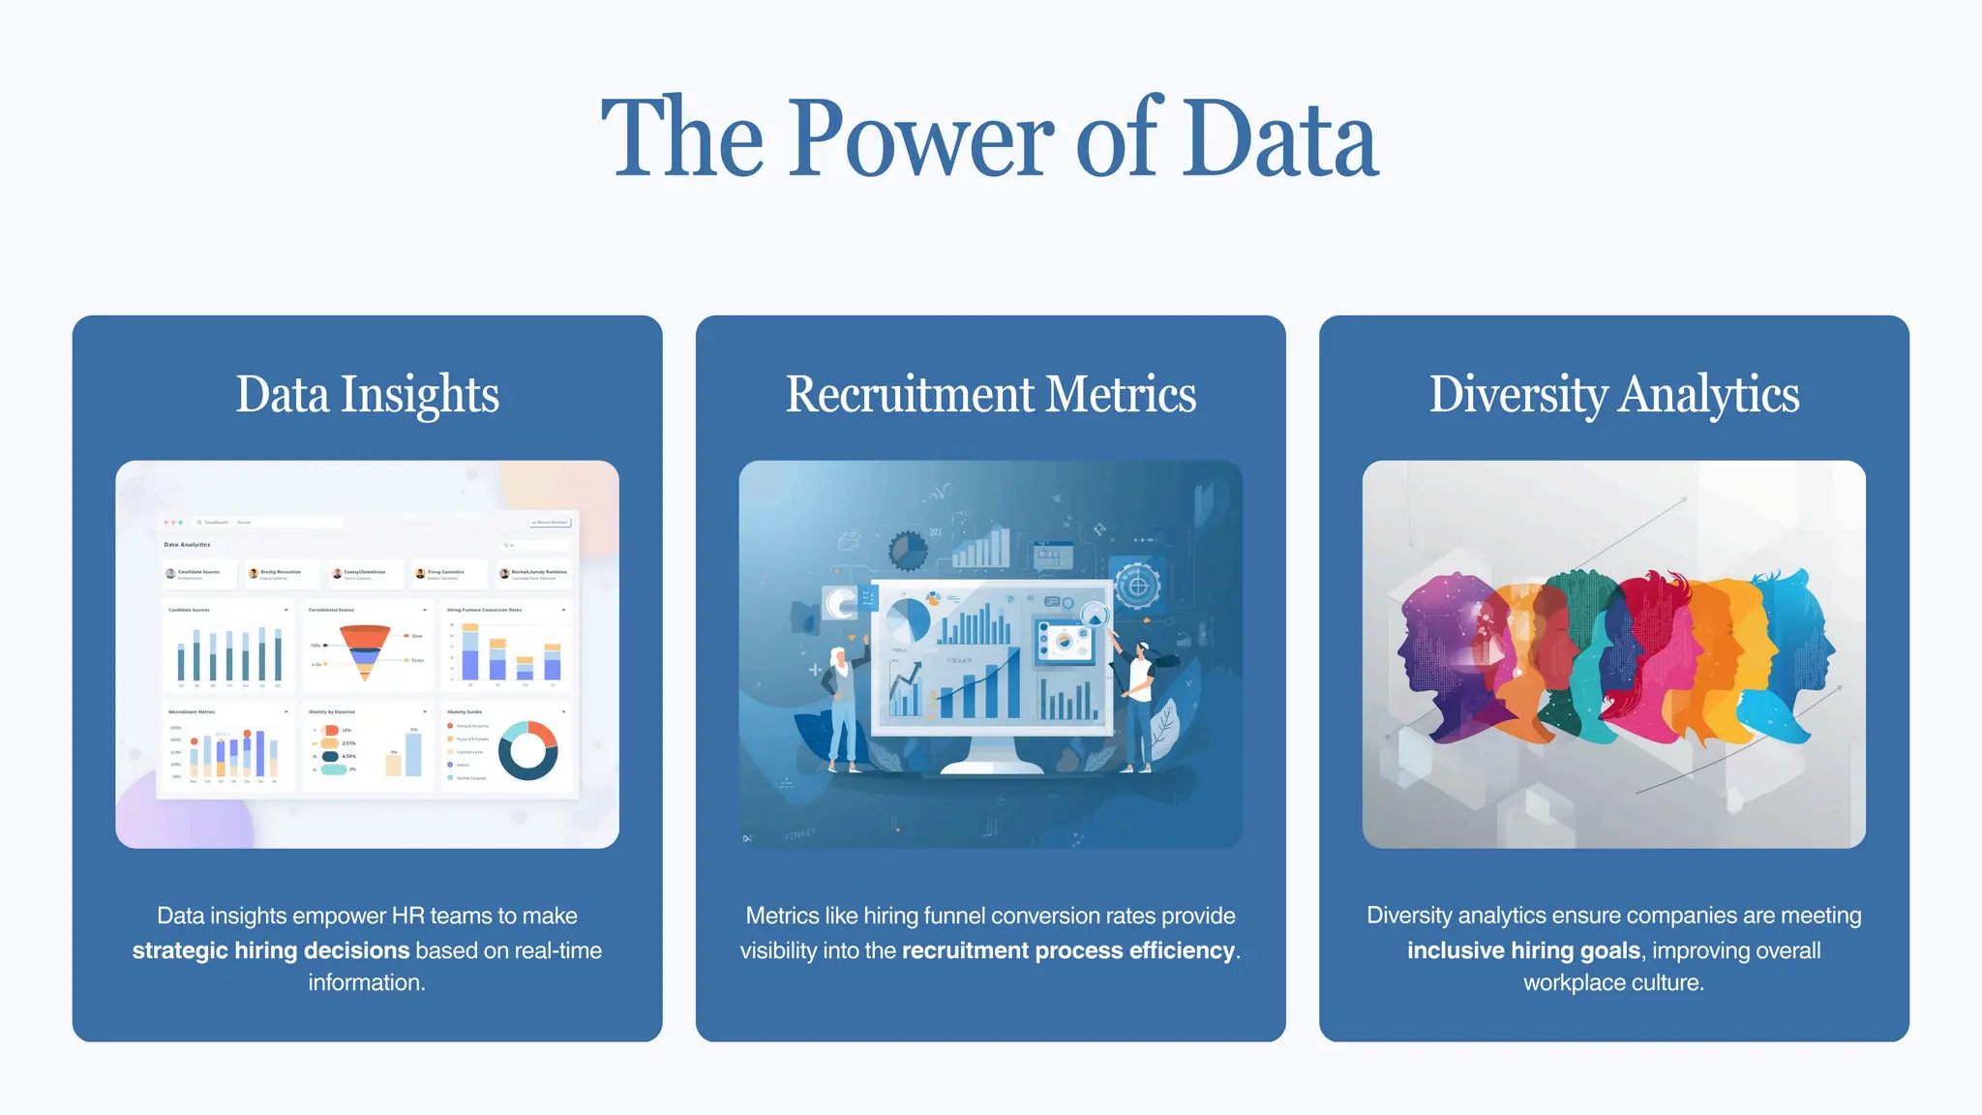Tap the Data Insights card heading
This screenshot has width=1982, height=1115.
click(367, 395)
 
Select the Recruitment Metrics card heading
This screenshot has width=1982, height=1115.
click(990, 395)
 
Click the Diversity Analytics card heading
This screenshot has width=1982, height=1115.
click(1613, 395)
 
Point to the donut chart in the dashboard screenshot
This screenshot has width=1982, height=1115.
click(527, 750)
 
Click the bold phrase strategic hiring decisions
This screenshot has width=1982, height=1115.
click(271, 950)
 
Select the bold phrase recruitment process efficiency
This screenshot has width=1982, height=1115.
click(1068, 950)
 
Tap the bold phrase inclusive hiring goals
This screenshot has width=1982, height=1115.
click(1523, 950)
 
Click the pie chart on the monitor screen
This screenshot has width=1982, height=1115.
click(908, 619)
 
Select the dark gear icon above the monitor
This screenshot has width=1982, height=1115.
click(908, 551)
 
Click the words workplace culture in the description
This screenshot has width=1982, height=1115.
click(1613, 983)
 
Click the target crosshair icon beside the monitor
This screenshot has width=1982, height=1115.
click(1138, 586)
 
